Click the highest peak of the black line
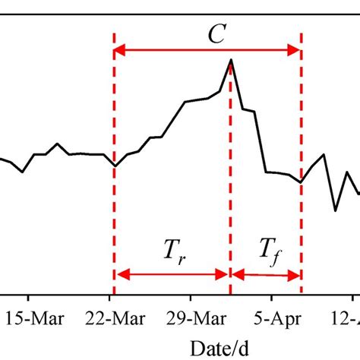(x=231, y=59)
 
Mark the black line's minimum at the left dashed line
(x=114, y=165)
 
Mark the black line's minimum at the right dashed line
(x=301, y=182)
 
